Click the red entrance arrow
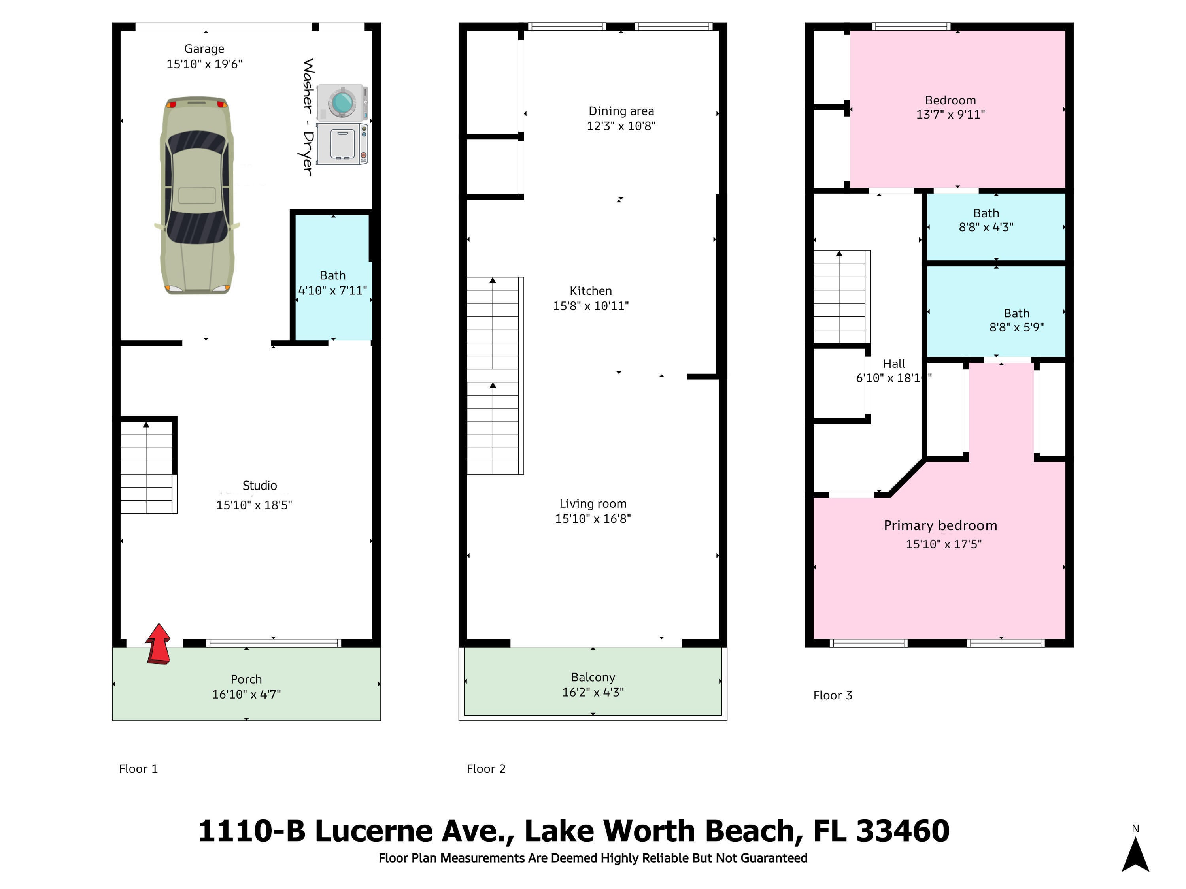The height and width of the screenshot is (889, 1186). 159,644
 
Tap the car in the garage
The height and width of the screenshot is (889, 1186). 197,196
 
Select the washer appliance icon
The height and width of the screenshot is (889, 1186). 342,102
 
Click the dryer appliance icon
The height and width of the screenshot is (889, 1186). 342,143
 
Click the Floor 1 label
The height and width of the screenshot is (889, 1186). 138,769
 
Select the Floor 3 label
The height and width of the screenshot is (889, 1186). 833,695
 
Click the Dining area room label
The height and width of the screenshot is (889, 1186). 621,111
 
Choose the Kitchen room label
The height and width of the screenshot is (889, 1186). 591,291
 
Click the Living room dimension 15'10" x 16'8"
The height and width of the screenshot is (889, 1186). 593,519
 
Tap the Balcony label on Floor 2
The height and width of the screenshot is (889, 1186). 593,677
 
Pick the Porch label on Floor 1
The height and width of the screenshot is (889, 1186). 247,680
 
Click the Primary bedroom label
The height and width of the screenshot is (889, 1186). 940,525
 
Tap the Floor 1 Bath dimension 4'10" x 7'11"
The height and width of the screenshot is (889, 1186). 332,290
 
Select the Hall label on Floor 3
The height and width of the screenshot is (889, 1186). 894,364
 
